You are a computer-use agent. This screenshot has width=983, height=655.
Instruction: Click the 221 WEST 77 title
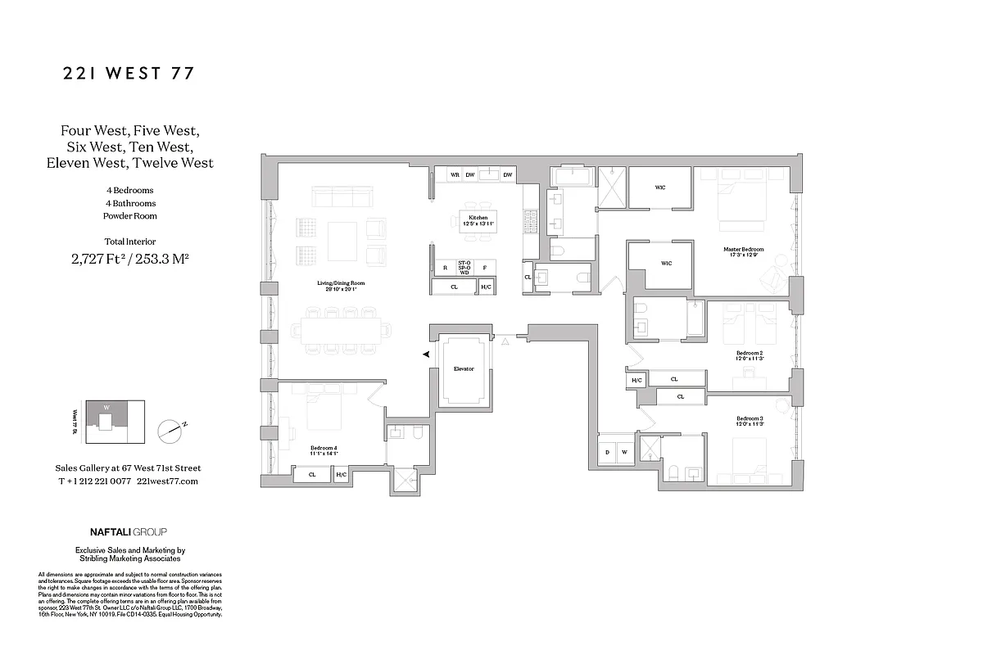point(129,74)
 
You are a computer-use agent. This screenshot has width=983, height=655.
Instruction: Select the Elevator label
point(464,369)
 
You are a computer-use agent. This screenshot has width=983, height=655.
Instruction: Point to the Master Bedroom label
point(743,251)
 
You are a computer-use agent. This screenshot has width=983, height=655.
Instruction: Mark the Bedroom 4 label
point(324,449)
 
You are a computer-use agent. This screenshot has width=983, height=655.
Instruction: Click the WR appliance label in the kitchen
point(454,174)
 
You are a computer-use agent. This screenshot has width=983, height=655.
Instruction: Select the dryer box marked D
point(608,452)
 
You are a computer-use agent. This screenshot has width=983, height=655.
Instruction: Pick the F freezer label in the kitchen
point(484,267)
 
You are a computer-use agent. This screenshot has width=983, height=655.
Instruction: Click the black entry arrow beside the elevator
point(426,354)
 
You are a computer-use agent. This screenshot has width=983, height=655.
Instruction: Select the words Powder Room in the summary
point(129,216)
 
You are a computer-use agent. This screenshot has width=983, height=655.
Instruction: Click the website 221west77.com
point(168,481)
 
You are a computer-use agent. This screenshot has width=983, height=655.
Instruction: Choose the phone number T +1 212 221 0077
point(94,481)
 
